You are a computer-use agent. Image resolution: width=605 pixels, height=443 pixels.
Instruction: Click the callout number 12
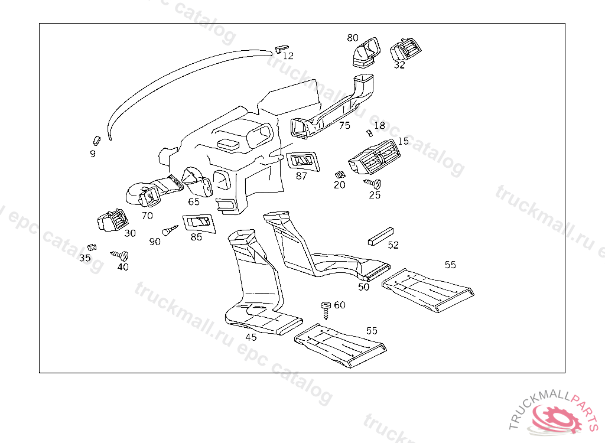point(288,56)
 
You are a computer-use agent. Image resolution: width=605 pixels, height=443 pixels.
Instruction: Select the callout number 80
point(353,38)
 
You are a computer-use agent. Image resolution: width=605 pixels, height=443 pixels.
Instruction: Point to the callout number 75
point(344,125)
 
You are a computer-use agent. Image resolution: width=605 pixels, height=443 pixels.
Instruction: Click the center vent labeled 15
point(374,157)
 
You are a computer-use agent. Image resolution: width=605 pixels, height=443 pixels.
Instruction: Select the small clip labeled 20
point(340,175)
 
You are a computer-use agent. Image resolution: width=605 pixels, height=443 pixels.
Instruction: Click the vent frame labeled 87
point(303,161)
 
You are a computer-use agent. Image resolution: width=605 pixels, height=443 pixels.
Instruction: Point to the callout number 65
point(194,201)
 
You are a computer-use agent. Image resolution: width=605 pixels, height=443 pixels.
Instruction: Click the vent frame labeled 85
point(199,223)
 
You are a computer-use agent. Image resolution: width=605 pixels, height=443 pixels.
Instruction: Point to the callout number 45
point(251,337)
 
